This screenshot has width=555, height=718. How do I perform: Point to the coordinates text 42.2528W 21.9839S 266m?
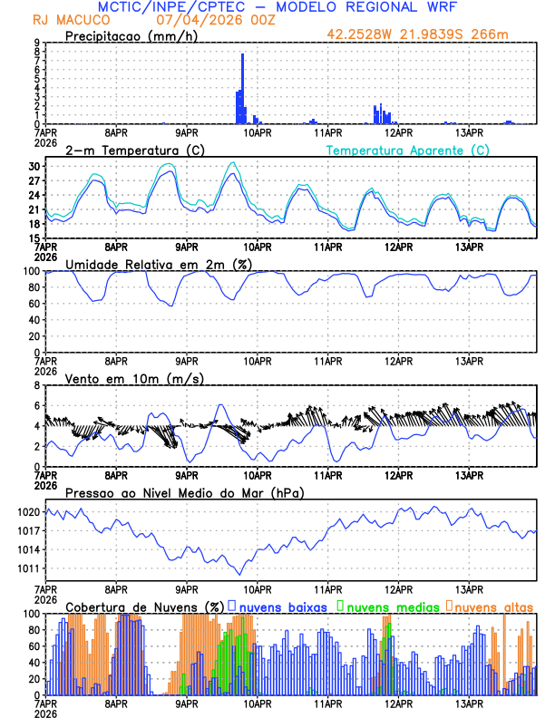pos(430,34)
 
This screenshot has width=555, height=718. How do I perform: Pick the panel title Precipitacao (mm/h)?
pos(129,35)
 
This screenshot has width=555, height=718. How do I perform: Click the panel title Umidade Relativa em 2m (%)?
pos(158,264)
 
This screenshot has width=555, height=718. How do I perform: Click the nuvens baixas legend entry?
pos(282,606)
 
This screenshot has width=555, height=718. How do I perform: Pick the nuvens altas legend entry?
pos(493,606)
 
